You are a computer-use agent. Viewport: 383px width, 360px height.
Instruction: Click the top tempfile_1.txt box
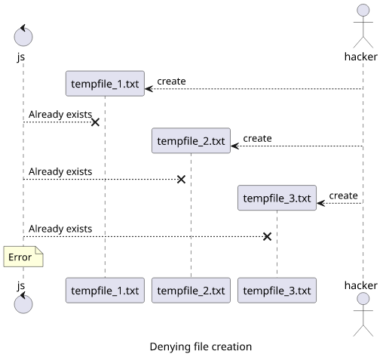[105, 84]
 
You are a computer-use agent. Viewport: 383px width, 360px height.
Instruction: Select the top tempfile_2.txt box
[191, 140]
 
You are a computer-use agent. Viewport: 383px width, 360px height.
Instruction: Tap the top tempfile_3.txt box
[277, 198]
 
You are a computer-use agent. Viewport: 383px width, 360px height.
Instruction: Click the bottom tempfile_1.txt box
[105, 291]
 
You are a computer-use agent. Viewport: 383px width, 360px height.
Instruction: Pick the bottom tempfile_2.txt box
[191, 291]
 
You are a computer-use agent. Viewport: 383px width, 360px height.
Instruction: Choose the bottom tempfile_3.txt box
[277, 291]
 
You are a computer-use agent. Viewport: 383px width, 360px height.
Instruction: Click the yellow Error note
[23, 257]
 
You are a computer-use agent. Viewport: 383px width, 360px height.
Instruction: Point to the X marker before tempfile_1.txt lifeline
[95, 122]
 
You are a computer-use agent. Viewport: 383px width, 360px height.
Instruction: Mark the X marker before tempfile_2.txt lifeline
[181, 180]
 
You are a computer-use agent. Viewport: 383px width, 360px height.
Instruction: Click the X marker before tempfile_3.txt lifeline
[267, 236]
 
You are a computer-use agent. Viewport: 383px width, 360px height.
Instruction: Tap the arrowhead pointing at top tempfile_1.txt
[149, 89]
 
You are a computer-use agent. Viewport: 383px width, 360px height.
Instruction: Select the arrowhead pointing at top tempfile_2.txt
[234, 146]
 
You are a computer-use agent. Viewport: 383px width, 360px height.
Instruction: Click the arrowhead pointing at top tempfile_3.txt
[320, 203]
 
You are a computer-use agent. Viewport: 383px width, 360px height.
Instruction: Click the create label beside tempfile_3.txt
[343, 195]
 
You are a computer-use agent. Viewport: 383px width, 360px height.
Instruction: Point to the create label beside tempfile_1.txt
[171, 82]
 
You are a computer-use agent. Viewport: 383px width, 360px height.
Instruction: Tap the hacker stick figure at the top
[363, 26]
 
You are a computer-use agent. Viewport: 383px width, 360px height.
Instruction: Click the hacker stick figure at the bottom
[363, 315]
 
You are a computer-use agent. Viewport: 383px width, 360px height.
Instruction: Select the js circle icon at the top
[23, 35]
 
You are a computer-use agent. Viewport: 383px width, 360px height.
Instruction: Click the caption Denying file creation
[201, 346]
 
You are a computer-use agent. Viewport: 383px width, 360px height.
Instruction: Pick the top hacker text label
[361, 57]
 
